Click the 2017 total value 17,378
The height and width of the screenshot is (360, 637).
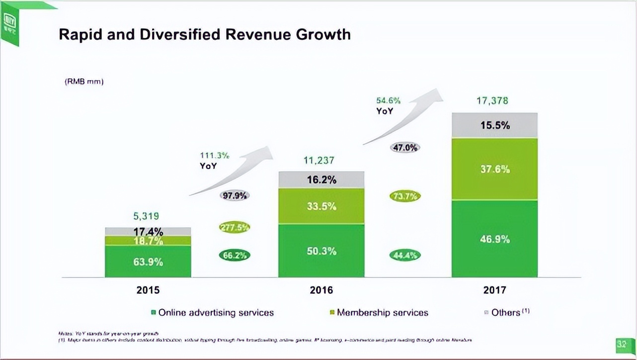click(x=492, y=101)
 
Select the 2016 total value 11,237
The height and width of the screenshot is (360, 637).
click(x=318, y=161)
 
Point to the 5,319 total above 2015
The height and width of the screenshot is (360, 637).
click(x=146, y=216)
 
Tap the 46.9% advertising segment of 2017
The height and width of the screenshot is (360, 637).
click(x=494, y=239)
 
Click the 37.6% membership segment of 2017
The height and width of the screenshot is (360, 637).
click(x=494, y=169)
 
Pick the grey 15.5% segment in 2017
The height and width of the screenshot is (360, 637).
click(x=494, y=125)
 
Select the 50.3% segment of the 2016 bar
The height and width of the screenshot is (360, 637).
click(x=321, y=251)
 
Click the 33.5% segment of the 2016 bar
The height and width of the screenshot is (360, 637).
click(x=321, y=206)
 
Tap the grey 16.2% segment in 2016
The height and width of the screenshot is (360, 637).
click(x=321, y=180)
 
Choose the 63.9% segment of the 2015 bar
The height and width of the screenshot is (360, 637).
click(x=148, y=262)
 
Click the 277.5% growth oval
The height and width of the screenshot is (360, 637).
click(x=235, y=227)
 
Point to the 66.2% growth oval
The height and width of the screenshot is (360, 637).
click(x=235, y=256)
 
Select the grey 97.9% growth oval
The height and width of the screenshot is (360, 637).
click(x=235, y=196)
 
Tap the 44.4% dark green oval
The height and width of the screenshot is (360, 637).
click(x=405, y=256)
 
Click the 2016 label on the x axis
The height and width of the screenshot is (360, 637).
click(x=321, y=290)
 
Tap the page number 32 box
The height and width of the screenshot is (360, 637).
click(x=622, y=344)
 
